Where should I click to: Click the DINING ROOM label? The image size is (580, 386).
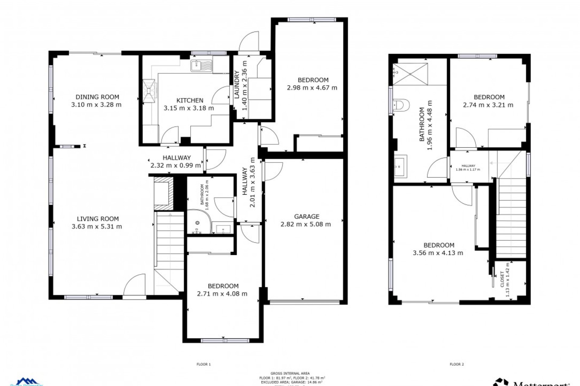click(97, 97)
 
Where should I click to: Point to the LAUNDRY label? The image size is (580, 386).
click(237, 84)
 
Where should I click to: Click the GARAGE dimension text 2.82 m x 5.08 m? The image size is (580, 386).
click(305, 224)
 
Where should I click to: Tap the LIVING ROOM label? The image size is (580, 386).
click(98, 219)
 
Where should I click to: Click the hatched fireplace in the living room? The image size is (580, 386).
click(164, 193)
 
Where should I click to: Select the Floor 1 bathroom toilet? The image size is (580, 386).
click(198, 223)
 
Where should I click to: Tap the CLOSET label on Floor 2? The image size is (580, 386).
click(502, 279)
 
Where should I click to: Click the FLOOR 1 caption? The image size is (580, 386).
click(204, 364)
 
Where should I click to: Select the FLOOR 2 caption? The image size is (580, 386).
click(456, 364)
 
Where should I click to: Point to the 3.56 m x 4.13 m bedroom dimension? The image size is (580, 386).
click(438, 253)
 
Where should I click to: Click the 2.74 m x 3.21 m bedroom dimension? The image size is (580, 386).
click(488, 105)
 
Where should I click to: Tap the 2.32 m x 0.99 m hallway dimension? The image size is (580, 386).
click(176, 165)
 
